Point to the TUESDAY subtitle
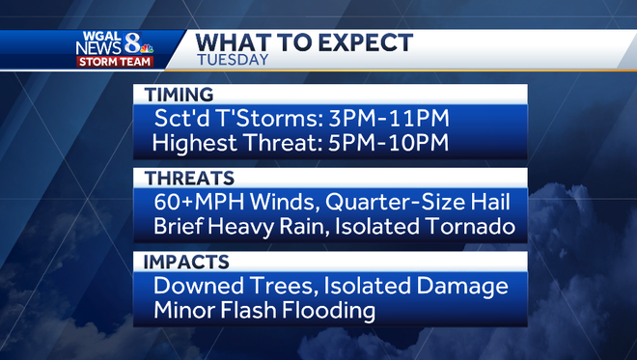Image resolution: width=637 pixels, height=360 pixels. point(233,59)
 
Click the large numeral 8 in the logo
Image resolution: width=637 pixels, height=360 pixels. point(133,44)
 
